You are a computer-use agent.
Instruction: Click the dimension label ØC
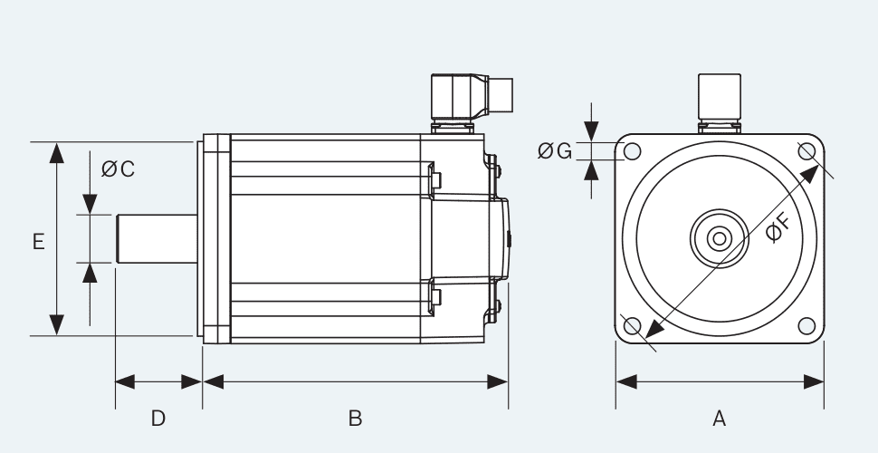118,169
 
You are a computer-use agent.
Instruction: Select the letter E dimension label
38,242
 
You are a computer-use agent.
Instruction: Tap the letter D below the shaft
157,418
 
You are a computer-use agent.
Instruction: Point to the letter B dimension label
356,418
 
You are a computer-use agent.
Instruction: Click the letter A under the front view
720,418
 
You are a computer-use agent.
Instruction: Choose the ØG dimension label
554,151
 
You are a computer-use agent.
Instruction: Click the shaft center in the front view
720,238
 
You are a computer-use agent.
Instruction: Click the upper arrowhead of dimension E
57,153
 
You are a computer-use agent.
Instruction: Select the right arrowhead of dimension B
497,381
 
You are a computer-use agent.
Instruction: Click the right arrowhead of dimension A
813,381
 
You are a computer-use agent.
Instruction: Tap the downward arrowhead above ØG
591,132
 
